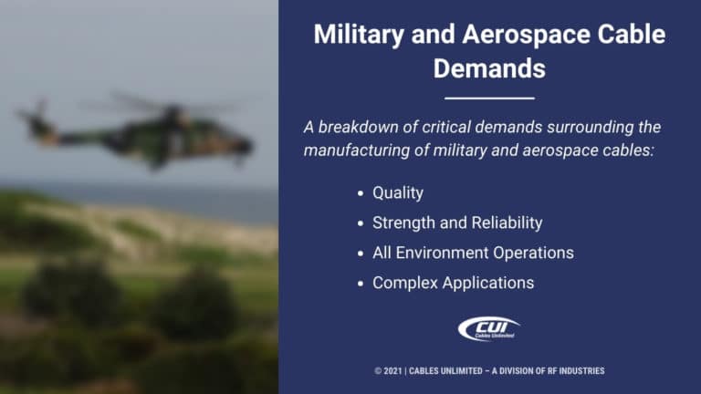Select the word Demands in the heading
point(489,68)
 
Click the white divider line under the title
point(489,98)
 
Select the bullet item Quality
point(399,193)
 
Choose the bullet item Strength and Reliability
point(456,223)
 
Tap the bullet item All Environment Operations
point(472,253)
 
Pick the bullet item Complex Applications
point(453,283)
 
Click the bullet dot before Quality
point(362,193)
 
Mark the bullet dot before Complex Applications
point(362,283)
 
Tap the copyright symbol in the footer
point(378,371)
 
